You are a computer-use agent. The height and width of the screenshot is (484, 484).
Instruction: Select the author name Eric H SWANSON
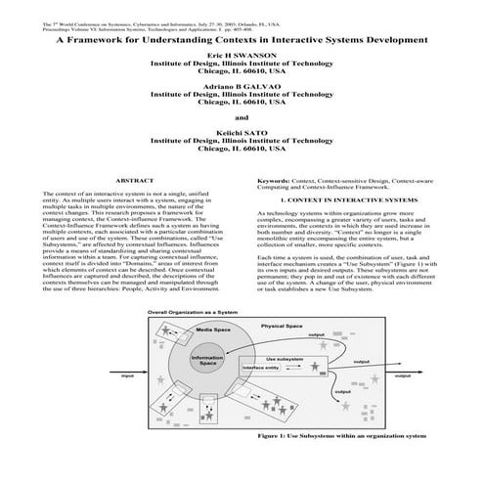coord(242,59)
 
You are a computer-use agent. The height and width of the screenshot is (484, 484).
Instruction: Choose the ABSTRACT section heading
coord(134,182)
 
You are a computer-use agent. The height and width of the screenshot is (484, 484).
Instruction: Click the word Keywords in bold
coord(276,182)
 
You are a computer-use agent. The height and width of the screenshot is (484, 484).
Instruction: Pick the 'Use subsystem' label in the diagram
coord(285,360)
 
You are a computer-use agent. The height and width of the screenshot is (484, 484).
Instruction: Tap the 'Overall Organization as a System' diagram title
coord(193,311)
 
